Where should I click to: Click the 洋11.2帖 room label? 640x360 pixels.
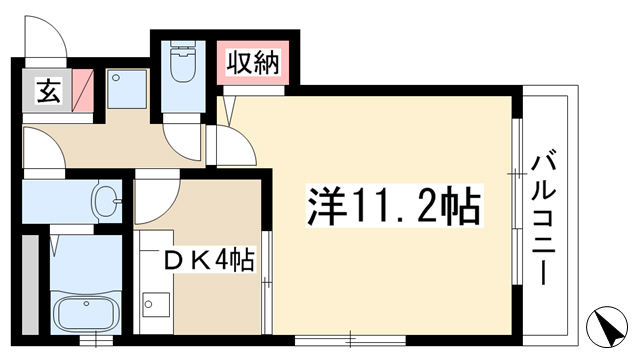coord(394,206)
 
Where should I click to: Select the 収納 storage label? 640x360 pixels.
coord(253,63)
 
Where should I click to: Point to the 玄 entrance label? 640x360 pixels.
coord(49,92)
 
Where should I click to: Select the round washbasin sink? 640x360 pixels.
coord(107,201)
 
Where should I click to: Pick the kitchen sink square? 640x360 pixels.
coord(156,304)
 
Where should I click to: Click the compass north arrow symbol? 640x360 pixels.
coord(607,327)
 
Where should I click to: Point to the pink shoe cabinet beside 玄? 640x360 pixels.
coord(83,91)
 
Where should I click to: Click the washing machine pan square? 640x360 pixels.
coord(127,89)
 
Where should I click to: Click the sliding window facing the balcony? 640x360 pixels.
coord(517,202)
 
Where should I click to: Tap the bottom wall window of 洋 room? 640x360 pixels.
coord(350,339)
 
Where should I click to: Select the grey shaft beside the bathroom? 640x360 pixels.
coord(30,284)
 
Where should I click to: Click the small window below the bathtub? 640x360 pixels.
coord(95,340)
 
